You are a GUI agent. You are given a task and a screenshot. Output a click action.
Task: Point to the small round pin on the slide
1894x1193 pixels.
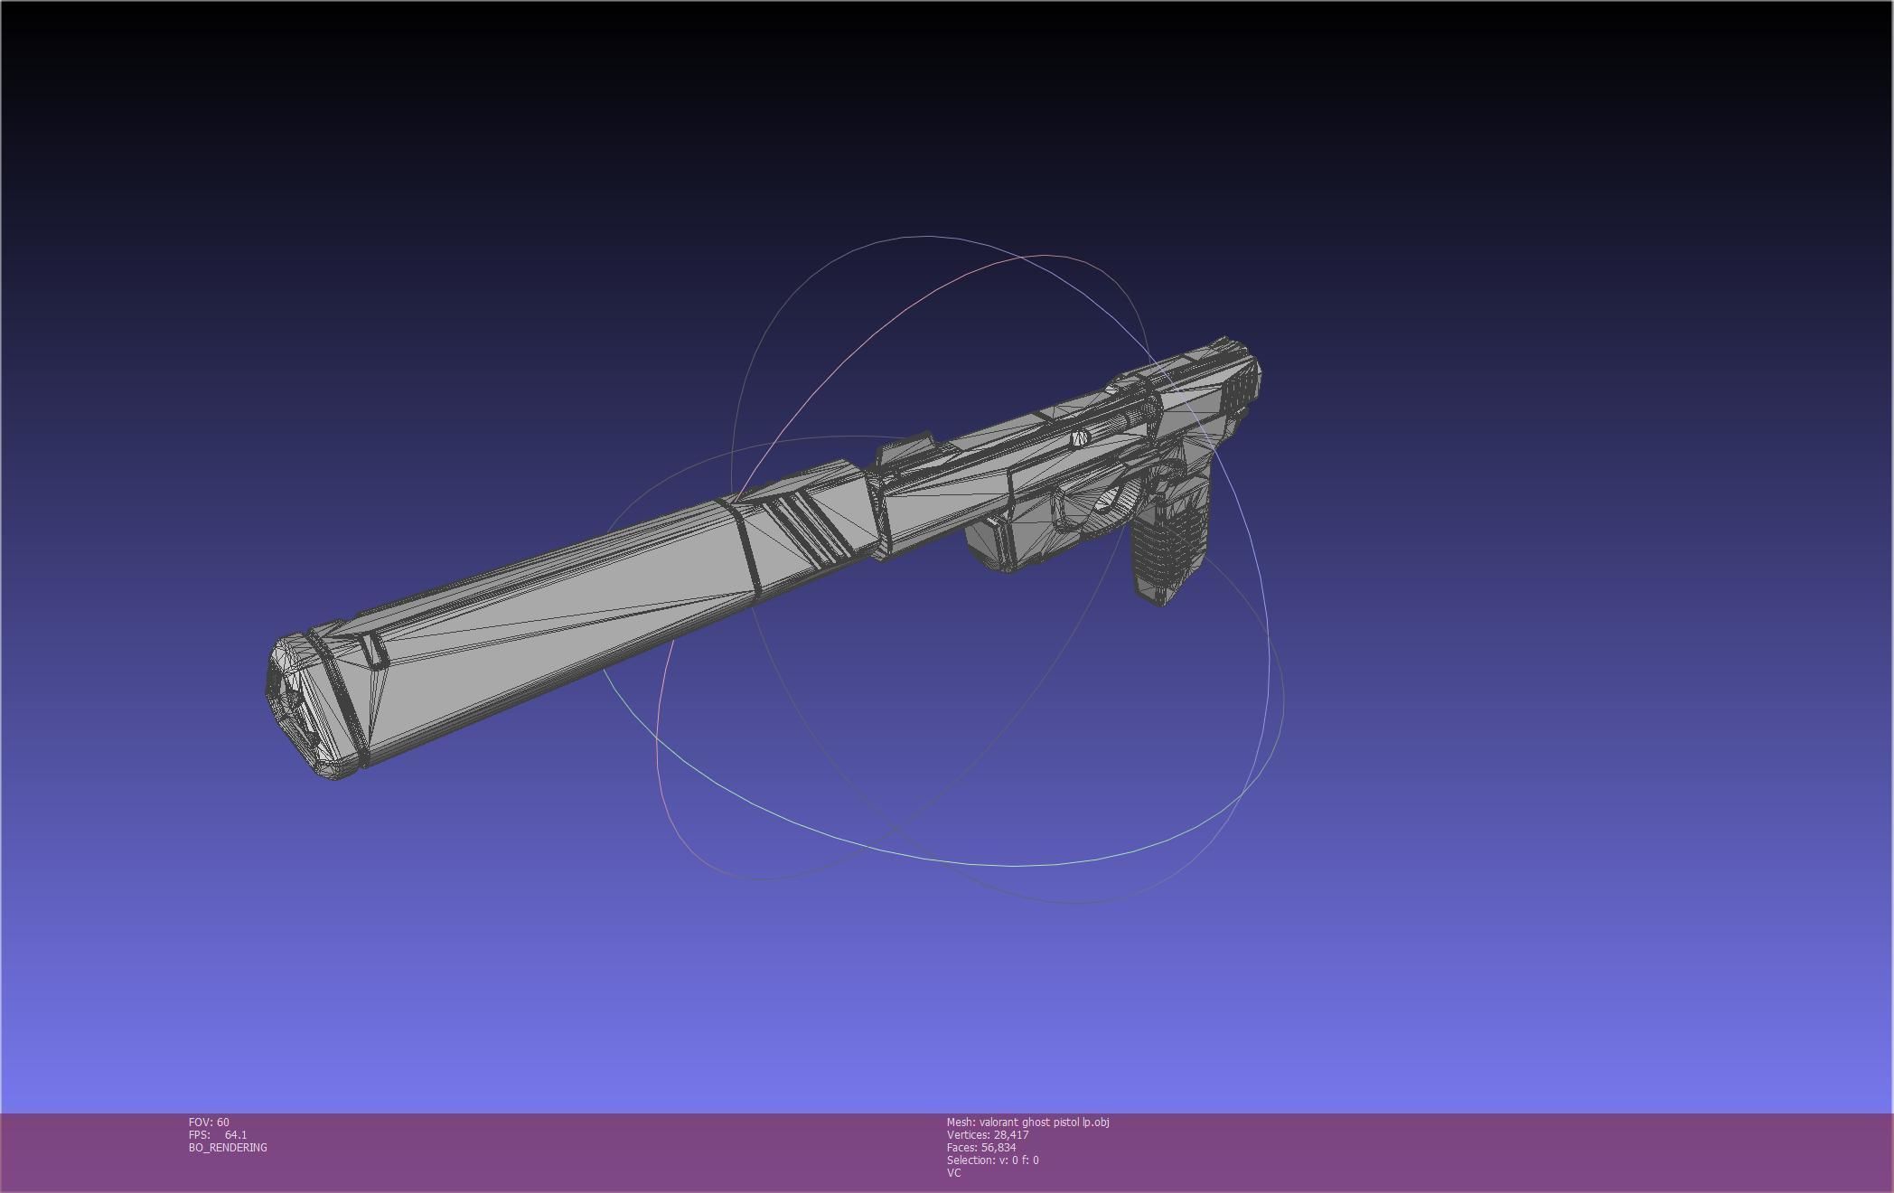(1079, 439)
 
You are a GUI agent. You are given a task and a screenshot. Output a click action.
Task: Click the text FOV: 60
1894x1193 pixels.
(209, 1122)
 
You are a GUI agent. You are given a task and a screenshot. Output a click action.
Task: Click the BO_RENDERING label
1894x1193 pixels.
(228, 1147)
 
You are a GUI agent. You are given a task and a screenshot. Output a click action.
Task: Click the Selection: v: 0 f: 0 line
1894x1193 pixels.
(992, 1160)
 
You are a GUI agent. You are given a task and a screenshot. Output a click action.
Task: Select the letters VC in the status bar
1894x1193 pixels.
(953, 1172)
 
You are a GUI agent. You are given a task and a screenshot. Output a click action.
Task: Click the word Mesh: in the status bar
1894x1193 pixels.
(961, 1122)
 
